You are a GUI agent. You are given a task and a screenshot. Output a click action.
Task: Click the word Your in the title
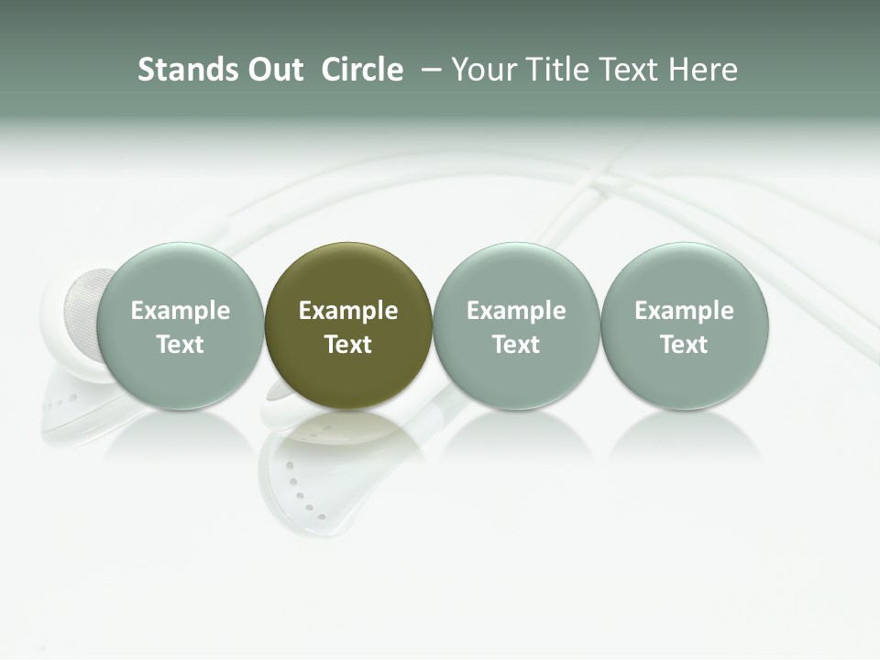point(482,71)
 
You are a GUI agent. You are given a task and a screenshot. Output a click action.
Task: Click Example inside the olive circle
point(348,311)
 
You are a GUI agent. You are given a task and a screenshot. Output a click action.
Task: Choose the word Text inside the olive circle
point(348,345)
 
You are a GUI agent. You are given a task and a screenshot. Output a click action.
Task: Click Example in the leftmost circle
point(180,311)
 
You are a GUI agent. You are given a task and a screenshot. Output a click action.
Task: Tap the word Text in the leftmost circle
point(180,345)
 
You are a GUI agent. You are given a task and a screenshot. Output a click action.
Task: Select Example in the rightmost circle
point(684,311)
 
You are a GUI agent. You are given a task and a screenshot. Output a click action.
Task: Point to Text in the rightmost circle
point(684,345)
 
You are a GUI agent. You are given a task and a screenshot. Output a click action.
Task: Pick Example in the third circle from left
point(516,311)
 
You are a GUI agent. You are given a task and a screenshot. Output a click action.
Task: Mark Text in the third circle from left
point(516,345)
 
